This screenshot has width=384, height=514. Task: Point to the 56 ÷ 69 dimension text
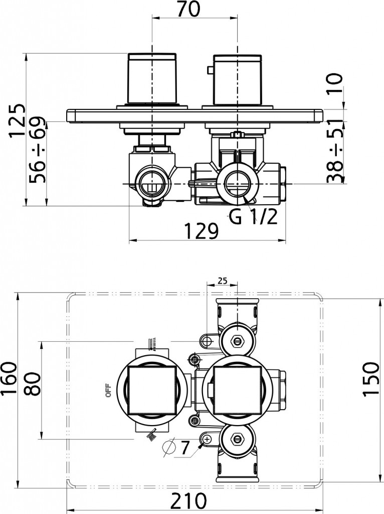[38, 151]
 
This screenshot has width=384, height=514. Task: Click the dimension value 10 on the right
[335, 84]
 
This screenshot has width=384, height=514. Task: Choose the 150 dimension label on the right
[371, 378]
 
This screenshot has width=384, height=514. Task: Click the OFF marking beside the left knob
[107, 390]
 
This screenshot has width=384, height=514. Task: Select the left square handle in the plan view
[152, 390]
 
